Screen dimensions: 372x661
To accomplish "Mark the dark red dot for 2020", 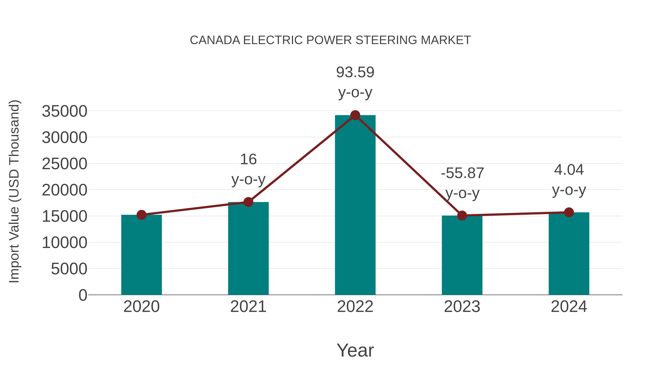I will coord(141,215).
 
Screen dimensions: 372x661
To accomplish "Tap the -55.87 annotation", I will coord(462,173).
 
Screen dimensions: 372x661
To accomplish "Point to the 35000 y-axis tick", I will coord(64,112).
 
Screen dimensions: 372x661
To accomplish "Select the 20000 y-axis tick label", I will coord(64,190).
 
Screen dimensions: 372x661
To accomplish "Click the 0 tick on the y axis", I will coord(83,295).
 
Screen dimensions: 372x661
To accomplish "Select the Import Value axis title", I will coord(14,191).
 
